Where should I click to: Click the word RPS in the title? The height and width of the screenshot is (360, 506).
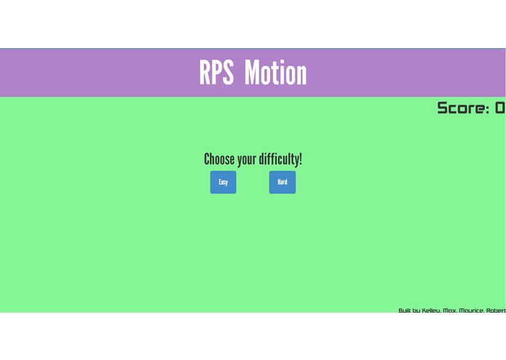216,73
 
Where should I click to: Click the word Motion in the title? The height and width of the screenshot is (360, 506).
275,73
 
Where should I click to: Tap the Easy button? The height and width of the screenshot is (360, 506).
223,182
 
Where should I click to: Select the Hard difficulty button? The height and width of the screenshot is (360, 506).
282,182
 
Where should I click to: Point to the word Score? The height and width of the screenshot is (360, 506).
461,109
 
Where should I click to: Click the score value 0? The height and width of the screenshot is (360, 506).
499,109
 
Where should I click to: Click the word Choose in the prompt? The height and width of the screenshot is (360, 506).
220,160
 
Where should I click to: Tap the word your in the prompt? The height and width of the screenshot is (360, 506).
247,160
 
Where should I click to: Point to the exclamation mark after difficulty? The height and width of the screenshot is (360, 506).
300,159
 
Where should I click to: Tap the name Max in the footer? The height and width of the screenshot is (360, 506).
450,310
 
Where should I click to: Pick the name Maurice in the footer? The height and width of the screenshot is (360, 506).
472,310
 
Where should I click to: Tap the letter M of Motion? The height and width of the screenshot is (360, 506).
252,73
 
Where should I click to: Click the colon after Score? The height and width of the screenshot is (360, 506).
488,109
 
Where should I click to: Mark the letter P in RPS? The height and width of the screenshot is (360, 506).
217,73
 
